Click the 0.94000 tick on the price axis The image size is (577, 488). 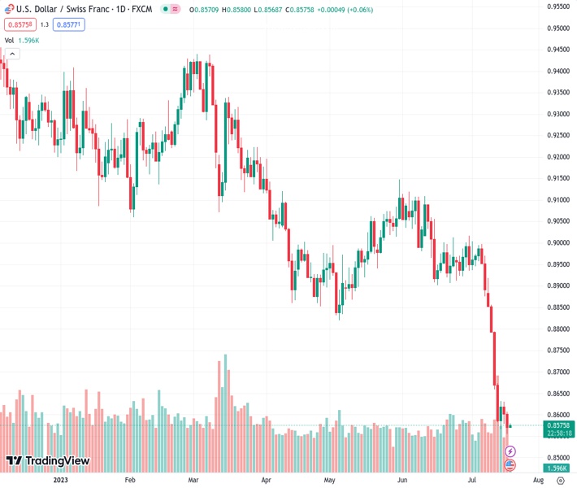pyautogui.click(x=557, y=71)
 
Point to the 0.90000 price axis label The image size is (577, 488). pyautogui.click(x=557, y=242)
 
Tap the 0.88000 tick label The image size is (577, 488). pyautogui.click(x=557, y=329)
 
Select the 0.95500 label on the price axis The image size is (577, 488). pyautogui.click(x=557, y=6)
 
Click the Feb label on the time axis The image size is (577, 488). pyautogui.click(x=129, y=480)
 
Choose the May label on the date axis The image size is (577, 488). pyautogui.click(x=330, y=480)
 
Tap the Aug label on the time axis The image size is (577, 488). pyautogui.click(x=537, y=480)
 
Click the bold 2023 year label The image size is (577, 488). pyautogui.click(x=60, y=480)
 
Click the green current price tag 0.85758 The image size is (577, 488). pyautogui.click(x=557, y=425)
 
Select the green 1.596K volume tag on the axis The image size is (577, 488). pyautogui.click(x=557, y=468)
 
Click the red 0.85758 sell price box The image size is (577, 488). pyautogui.click(x=18, y=24)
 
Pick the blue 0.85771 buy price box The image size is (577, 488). pyautogui.click(x=69, y=24)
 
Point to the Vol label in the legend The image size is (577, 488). pyautogui.click(x=10, y=40)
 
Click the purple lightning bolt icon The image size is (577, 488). pyautogui.click(x=510, y=451)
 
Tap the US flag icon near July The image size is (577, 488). pyautogui.click(x=510, y=465)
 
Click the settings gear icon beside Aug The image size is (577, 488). pyautogui.click(x=560, y=480)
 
